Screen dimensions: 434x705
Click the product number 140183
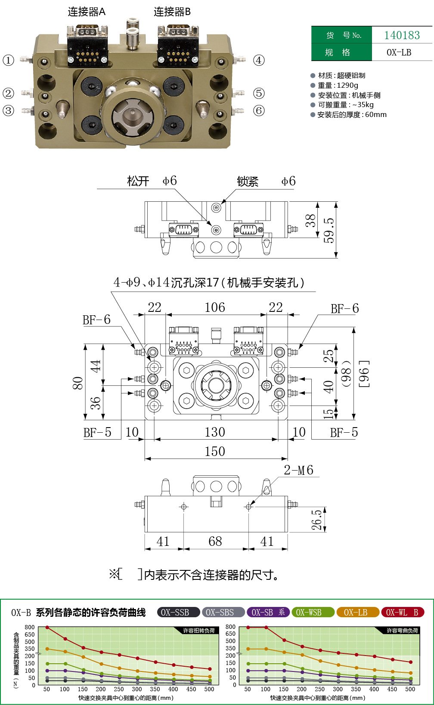pos(402,35)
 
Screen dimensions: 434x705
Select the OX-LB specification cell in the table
pos(399,52)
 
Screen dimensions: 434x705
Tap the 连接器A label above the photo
pos(87,12)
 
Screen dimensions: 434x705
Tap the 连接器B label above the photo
pos(172,12)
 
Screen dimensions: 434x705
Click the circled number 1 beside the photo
pos(9,60)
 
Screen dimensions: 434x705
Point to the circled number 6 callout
pos(259,111)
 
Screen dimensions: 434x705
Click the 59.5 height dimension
pos(329,231)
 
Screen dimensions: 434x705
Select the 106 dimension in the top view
pos(215,307)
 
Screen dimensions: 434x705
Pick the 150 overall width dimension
pos(215,451)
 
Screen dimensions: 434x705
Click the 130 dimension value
pos(215,432)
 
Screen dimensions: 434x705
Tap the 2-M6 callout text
pos(298,470)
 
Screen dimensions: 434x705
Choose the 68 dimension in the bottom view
pos(215,541)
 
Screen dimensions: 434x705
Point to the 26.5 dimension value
pos(317,520)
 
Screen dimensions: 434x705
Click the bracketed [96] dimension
pos(364,374)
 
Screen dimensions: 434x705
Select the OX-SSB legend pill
pos(175,612)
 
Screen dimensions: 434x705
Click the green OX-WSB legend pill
pos(309,612)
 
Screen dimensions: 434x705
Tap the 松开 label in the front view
pos(138,181)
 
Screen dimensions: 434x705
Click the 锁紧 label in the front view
pos(248,182)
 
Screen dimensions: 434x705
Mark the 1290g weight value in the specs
pos(347,85)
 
